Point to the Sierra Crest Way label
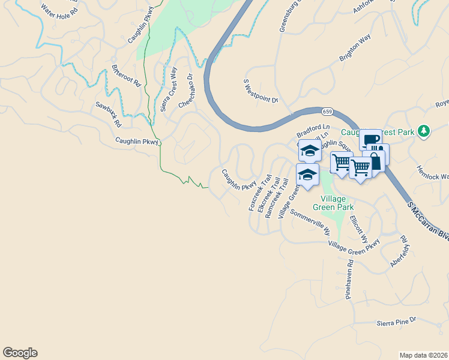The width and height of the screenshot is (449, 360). click(x=167, y=89)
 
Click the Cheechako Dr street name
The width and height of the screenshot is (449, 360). click(x=188, y=91)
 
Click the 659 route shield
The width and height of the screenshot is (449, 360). click(x=327, y=112)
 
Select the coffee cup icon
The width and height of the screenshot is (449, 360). click(x=370, y=139)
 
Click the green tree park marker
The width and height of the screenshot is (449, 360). click(x=424, y=131)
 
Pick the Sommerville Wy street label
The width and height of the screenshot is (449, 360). click(x=310, y=222)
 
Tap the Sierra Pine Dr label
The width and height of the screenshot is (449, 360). click(x=396, y=322)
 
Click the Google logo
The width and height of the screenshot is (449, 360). click(x=20, y=353)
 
